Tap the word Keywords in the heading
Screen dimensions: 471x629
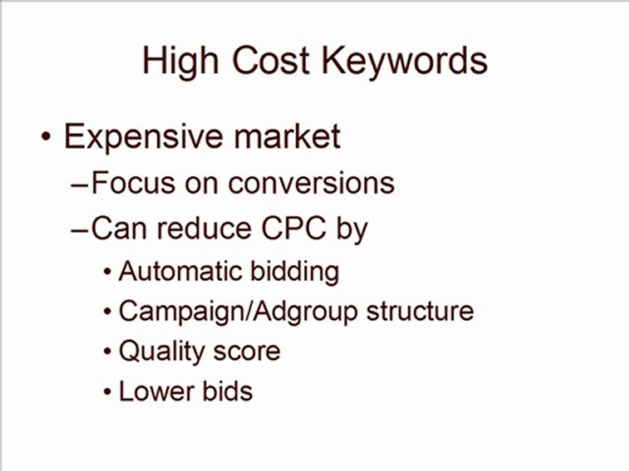(x=404, y=62)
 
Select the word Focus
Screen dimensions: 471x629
(x=132, y=183)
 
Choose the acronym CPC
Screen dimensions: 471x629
(x=292, y=228)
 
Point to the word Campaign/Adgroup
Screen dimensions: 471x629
(x=238, y=311)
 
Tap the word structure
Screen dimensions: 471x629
(x=420, y=311)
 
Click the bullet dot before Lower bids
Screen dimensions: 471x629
(x=108, y=393)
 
